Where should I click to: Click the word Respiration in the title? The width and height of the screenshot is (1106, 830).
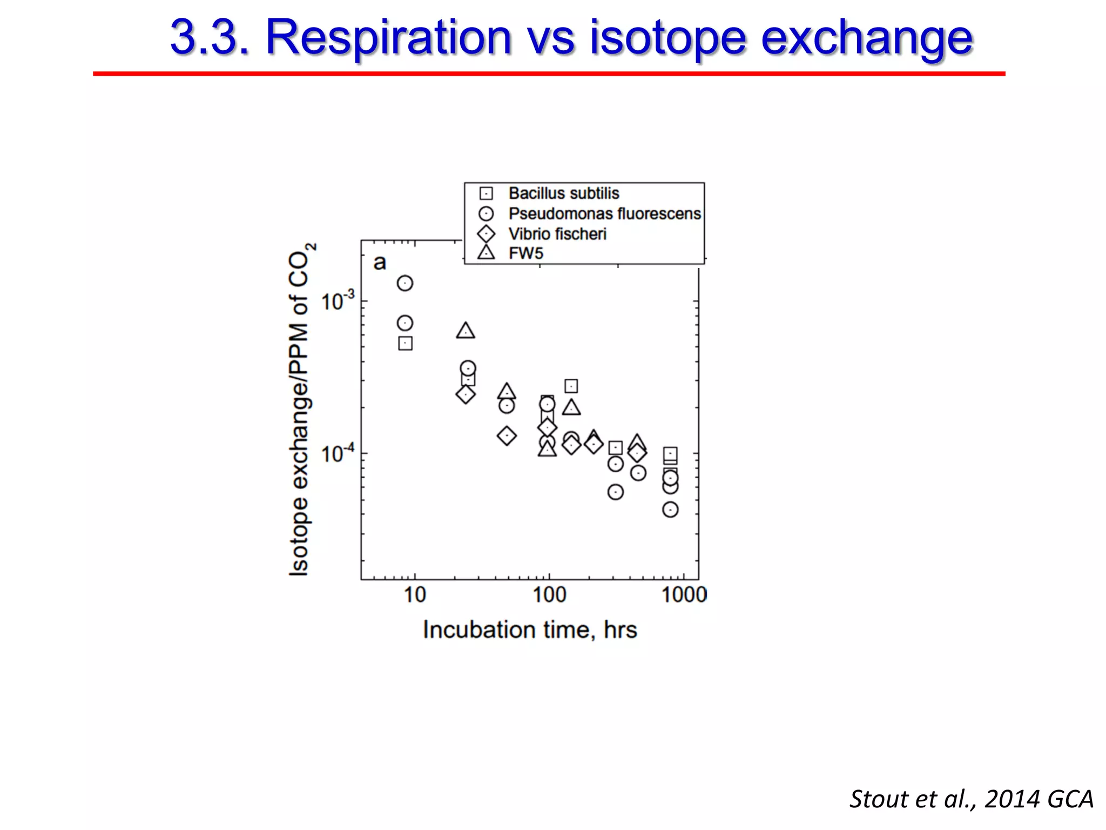(x=388, y=38)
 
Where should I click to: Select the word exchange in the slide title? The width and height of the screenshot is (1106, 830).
(x=866, y=38)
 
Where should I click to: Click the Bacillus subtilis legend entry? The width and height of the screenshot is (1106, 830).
(x=563, y=193)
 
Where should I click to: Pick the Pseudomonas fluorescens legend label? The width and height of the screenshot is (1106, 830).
(x=604, y=214)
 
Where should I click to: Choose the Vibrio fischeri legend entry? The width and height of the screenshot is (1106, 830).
(x=557, y=234)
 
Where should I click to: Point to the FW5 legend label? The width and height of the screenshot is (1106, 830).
(x=525, y=253)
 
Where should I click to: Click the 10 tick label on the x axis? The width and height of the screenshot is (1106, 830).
(x=415, y=595)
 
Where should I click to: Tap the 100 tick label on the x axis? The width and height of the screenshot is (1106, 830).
(x=549, y=595)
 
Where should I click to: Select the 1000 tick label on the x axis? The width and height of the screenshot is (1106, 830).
(x=684, y=595)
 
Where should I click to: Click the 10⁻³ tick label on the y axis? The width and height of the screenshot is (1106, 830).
(x=338, y=301)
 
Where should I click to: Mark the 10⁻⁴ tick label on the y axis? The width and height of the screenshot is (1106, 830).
(x=338, y=453)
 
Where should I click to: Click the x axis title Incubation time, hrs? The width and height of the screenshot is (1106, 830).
(x=530, y=630)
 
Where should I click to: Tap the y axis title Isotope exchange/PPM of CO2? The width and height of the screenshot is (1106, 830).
(x=300, y=409)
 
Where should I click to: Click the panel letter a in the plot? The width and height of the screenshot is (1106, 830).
(x=380, y=263)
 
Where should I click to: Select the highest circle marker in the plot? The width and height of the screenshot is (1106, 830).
(x=405, y=283)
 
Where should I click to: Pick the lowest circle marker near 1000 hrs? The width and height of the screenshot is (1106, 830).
(x=670, y=510)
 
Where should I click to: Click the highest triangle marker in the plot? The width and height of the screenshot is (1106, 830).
(x=466, y=331)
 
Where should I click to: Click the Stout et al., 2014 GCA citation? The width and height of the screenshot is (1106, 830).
(x=971, y=799)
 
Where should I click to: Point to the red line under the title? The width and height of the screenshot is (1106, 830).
(x=549, y=73)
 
